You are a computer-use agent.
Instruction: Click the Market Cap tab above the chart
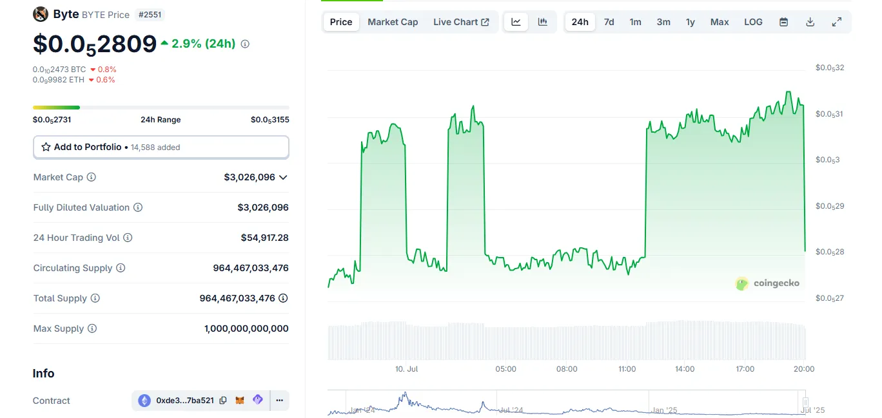tap(393, 22)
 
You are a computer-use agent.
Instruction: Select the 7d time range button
tap(609, 22)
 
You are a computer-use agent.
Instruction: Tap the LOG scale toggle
tap(753, 22)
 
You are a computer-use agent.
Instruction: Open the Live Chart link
tap(461, 22)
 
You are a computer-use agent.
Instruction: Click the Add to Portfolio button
tap(161, 147)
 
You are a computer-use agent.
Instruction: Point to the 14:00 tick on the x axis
tap(685, 369)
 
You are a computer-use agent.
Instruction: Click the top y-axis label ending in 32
tap(830, 68)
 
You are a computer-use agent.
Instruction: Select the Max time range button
tap(720, 22)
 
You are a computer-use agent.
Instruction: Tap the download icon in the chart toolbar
tap(810, 22)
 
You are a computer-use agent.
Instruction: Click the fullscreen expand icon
tap(837, 22)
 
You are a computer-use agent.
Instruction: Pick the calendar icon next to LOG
tap(784, 22)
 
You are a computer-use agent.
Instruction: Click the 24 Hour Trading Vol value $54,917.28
tap(264, 238)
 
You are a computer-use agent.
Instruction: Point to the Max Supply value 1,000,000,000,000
tap(246, 328)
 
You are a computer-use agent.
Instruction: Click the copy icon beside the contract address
tap(223, 400)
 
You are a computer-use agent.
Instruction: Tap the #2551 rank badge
tap(150, 14)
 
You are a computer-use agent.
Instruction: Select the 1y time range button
tap(691, 22)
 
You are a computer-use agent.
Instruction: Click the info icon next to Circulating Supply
tap(121, 268)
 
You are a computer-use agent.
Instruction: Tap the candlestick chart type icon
tap(543, 22)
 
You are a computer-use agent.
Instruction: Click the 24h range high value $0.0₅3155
tap(269, 120)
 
